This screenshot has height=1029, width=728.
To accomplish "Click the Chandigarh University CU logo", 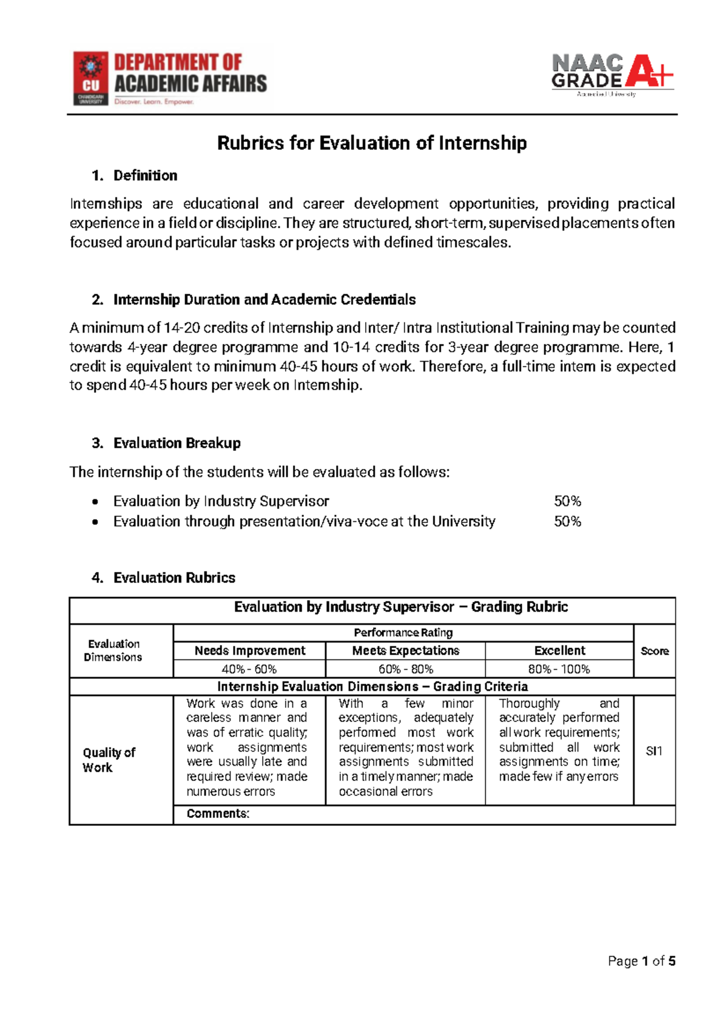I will point(91,78).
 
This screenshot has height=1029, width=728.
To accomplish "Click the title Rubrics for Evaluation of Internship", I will point(371,143).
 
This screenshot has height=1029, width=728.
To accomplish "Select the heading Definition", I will point(145,176).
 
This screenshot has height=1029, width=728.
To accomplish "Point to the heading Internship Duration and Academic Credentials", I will point(264,300).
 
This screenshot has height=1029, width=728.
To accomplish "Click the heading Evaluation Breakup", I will point(177,444).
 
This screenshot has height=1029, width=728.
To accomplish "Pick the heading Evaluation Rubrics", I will point(174,578).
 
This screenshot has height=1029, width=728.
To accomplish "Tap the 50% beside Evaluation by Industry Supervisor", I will point(567,501).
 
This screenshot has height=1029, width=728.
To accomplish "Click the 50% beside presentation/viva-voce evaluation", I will point(567,521).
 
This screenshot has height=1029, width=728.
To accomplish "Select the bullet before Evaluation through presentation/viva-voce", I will point(95,522).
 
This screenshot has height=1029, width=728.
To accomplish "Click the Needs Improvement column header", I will point(250,651).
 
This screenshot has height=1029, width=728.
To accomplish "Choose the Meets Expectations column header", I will point(405,651).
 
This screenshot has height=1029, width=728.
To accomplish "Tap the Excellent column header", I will point(559,651).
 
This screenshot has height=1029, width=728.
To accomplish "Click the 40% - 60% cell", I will point(249,669).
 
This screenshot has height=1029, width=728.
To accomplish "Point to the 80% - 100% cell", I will point(559,669).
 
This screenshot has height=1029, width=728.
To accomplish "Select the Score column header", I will point(655,651).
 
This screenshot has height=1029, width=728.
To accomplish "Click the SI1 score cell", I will point(654,751).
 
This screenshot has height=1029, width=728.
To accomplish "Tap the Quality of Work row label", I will point(109,760).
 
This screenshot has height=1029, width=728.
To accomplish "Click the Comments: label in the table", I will point(218,814).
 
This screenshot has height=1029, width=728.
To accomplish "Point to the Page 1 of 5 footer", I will point(641,961).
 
